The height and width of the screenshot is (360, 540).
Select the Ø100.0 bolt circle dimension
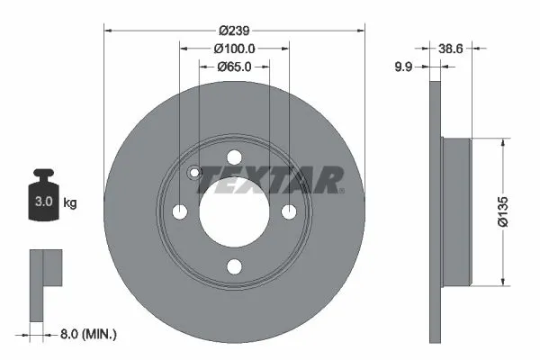tap(234, 49)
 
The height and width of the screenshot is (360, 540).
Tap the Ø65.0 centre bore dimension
tap(233, 67)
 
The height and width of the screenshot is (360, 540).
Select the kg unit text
tap(70, 203)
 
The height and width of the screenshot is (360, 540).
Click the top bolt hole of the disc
tap(234, 156)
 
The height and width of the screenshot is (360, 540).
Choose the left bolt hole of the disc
tap(179, 211)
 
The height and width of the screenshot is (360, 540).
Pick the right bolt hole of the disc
tap(289, 211)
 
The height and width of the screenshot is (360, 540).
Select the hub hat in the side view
tap(457, 211)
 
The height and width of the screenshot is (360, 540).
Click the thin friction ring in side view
tap(436, 211)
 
